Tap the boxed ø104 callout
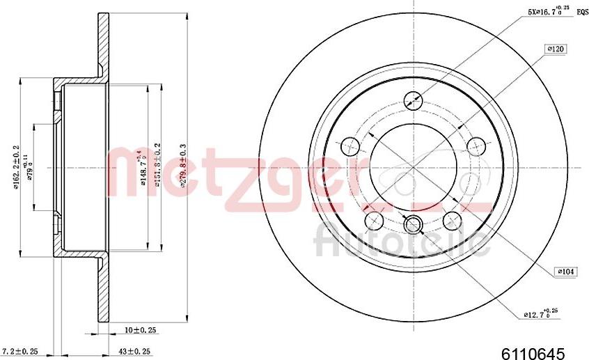(x=565, y=272)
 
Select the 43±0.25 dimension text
(x=134, y=351)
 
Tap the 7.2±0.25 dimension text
(x=20, y=351)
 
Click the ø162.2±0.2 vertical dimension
(x=15, y=167)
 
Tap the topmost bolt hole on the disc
(x=414, y=100)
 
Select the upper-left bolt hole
(x=350, y=146)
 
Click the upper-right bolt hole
(x=476, y=146)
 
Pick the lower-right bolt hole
(x=453, y=221)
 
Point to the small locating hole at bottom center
(x=414, y=224)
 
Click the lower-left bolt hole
(x=375, y=221)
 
